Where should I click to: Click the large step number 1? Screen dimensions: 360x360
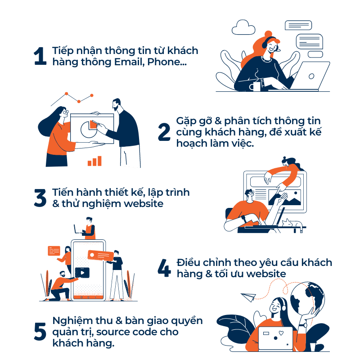tap(40, 56)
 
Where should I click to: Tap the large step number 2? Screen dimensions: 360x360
tap(164, 131)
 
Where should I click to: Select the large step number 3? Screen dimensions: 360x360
tap(40, 198)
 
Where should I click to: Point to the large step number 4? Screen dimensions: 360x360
tap(164, 268)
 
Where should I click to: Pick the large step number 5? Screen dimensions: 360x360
tap(40, 331)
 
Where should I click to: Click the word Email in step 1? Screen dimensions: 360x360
tap(129, 62)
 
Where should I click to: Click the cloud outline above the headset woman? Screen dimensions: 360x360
tap(243, 27)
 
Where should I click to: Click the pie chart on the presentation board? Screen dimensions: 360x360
tap(89, 129)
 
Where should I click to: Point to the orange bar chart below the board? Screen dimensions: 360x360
tap(94, 161)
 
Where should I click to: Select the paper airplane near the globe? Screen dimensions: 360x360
tap(248, 297)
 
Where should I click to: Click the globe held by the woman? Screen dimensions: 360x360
tap(307, 298)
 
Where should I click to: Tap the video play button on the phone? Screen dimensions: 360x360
tap(82, 273)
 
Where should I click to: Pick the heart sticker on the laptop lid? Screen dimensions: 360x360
tap(281, 333)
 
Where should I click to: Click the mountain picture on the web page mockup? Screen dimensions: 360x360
tap(285, 198)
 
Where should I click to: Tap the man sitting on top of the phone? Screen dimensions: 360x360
tap(88, 229)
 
